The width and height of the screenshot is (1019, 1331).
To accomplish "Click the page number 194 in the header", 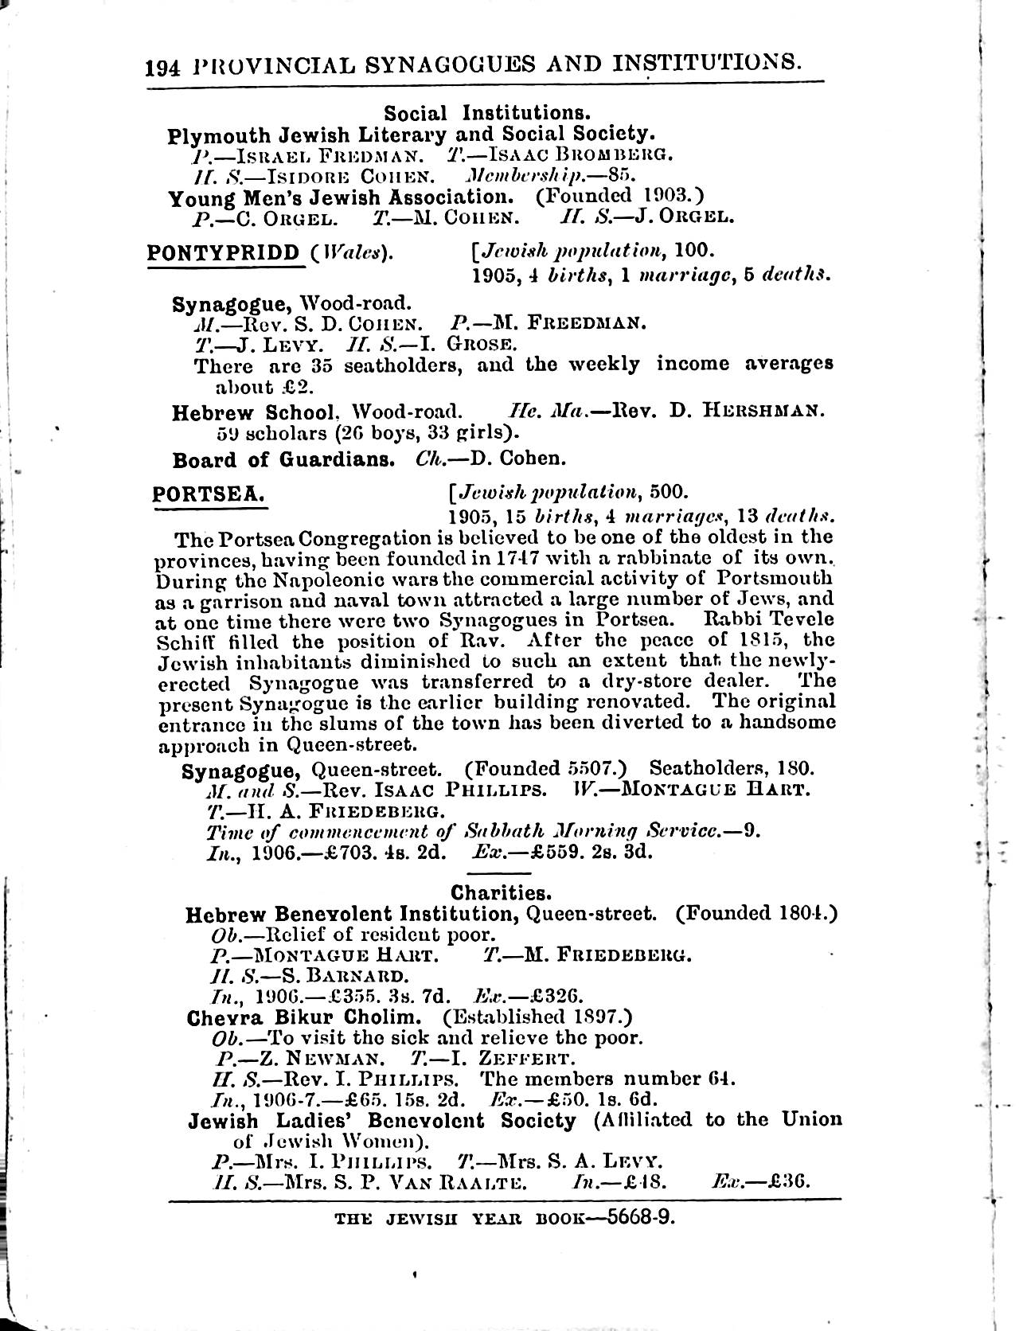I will [x=164, y=66].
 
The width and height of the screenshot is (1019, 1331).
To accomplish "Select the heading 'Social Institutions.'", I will [x=487, y=112].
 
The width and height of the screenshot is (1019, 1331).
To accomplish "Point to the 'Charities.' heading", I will [x=502, y=892].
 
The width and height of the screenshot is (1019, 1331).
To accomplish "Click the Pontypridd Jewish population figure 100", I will [x=693, y=252].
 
